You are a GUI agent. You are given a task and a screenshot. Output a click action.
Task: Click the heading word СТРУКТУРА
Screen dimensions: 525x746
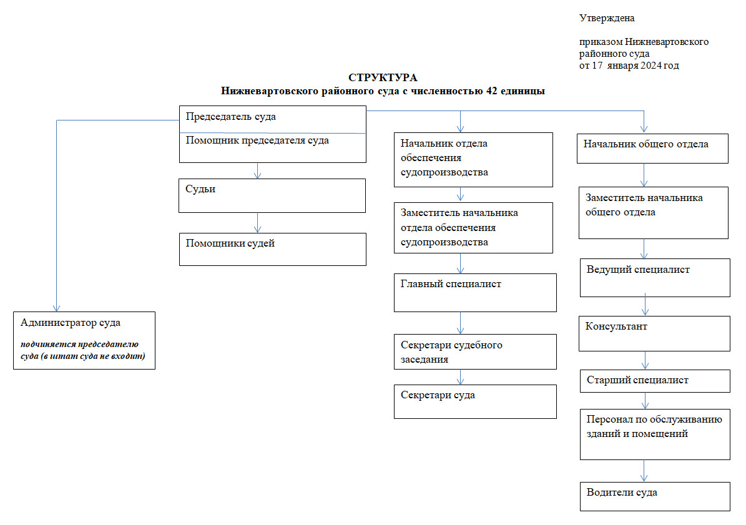coord(383,78)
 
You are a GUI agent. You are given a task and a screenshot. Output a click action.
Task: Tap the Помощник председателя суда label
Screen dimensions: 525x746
coord(257,141)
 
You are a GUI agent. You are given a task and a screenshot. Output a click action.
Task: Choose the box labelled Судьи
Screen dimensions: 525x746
coord(272,195)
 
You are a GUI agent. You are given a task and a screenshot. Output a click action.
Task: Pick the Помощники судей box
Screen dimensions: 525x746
coord(272,249)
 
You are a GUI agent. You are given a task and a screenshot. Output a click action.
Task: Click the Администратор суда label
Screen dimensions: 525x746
coord(71,323)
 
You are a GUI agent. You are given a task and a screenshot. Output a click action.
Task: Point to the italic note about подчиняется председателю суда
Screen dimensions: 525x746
coord(84,350)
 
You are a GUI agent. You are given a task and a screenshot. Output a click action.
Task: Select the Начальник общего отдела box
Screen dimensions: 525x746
coord(652,149)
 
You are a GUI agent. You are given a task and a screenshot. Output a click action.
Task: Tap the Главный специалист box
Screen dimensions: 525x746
coord(475,292)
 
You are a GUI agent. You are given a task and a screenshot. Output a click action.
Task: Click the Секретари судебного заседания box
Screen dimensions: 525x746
coord(475,351)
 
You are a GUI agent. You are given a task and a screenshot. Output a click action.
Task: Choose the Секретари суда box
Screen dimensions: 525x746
coord(475,401)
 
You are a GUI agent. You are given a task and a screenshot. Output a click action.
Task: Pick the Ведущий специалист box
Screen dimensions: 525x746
coord(655,278)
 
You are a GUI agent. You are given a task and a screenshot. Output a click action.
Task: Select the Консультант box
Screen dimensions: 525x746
coord(655,333)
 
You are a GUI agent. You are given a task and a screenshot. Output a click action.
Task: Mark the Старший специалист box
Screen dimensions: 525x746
coord(655,380)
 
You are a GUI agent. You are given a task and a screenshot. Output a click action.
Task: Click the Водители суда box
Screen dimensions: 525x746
coord(655,496)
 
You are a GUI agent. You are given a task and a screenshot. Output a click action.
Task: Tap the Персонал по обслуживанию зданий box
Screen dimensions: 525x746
coord(655,434)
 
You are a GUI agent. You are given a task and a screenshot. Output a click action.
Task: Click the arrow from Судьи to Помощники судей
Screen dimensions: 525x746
coord(257,223)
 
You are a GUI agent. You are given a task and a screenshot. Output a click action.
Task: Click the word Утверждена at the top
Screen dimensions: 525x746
coord(607,18)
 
